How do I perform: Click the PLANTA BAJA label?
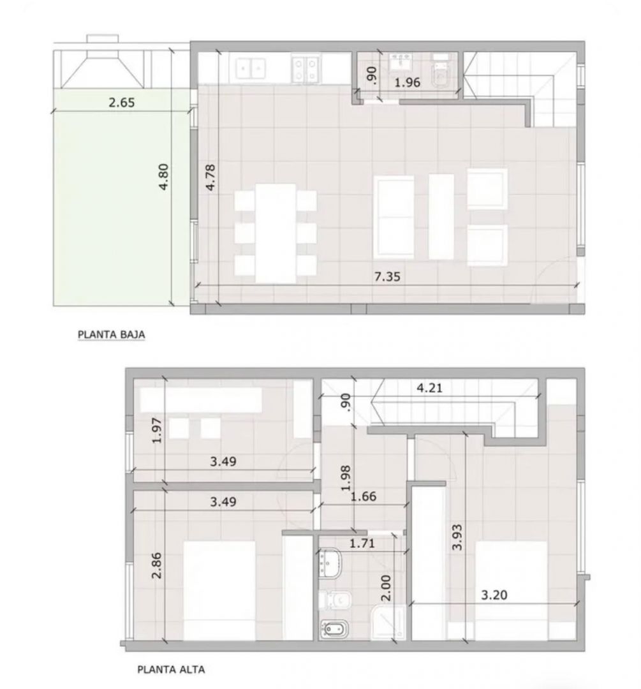pyautogui.click(x=111, y=335)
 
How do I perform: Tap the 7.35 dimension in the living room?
pyautogui.click(x=387, y=277)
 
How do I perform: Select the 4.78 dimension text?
pyautogui.click(x=210, y=177)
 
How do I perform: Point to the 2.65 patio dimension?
pyautogui.click(x=122, y=102)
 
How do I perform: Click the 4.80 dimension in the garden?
pyautogui.click(x=163, y=177)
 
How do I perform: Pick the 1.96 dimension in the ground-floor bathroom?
pyautogui.click(x=408, y=82)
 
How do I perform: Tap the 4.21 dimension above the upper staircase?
pyautogui.click(x=429, y=388)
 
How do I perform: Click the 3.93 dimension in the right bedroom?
pyautogui.click(x=457, y=537)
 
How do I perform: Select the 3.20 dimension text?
pyautogui.click(x=494, y=595)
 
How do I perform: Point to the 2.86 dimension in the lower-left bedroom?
pyautogui.click(x=156, y=565)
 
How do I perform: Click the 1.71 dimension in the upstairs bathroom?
pyautogui.click(x=362, y=543)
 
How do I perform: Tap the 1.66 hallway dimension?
pyautogui.click(x=364, y=496)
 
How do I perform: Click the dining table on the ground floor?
pyautogui.click(x=276, y=233)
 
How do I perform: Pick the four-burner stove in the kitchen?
pyautogui.click(x=306, y=68)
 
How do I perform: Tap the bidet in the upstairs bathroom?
pyautogui.click(x=334, y=629)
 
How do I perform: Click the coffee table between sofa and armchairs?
pyautogui.click(x=441, y=216)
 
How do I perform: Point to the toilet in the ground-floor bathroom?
pyautogui.click(x=440, y=73)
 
